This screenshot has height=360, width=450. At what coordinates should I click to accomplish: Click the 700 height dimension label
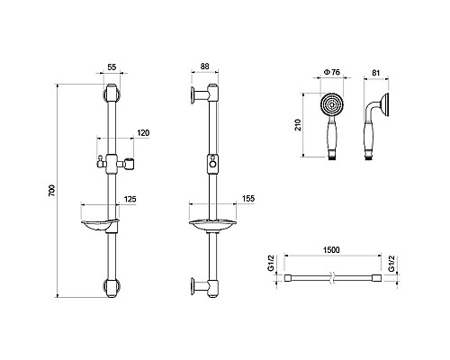tap(52, 190)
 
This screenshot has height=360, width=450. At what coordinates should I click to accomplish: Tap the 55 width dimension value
tap(112, 67)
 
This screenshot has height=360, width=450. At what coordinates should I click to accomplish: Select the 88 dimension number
tap(204, 67)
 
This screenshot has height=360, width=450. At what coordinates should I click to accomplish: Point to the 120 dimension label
tap(143, 132)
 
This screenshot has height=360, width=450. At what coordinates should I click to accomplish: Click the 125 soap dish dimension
tap(130, 199)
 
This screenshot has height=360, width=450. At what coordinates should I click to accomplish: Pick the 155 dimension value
tap(248, 198)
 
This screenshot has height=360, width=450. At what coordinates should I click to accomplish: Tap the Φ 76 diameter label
tap(332, 72)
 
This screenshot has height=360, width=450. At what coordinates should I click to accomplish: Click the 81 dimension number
tap(375, 73)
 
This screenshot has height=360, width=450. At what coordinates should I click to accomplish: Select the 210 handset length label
tap(298, 125)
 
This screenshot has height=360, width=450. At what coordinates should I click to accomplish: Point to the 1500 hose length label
tap(331, 249)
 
